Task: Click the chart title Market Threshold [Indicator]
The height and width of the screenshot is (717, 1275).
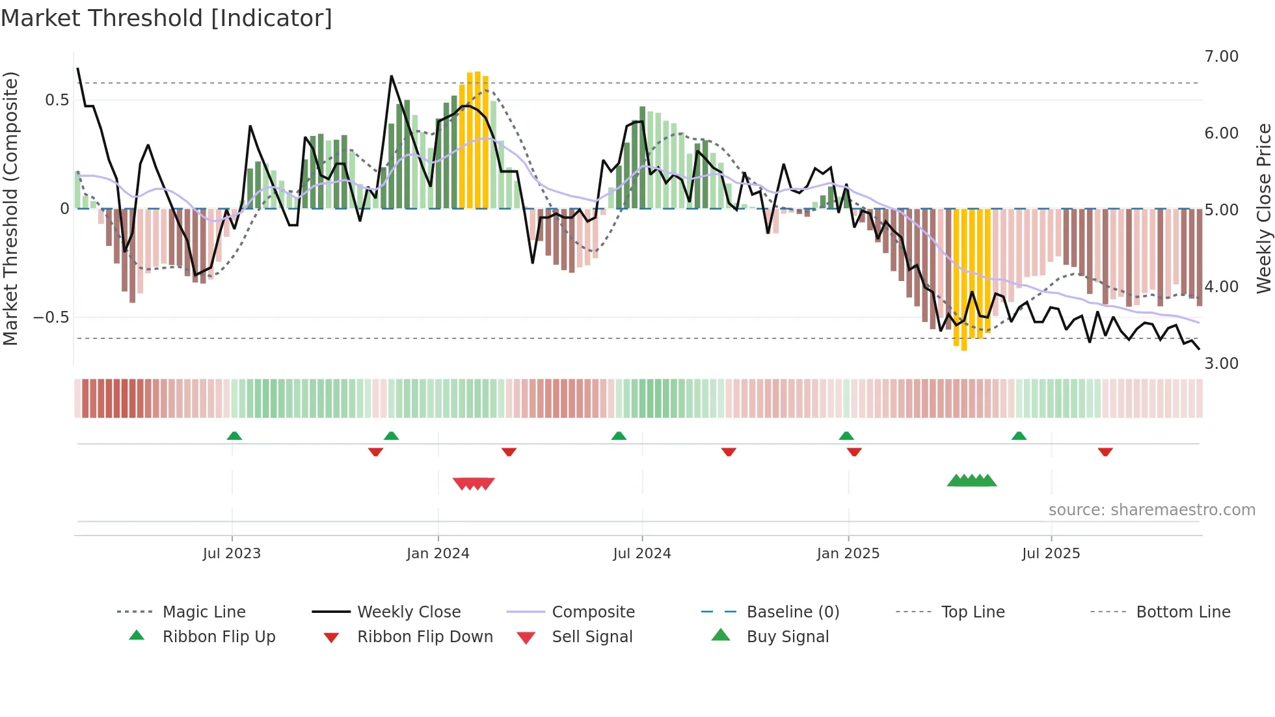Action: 167,18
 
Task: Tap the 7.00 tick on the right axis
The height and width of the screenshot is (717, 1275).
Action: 1221,57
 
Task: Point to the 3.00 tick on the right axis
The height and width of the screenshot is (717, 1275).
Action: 1221,363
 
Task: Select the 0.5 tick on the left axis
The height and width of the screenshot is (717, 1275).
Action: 57,100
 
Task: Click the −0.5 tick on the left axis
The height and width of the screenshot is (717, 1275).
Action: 51,318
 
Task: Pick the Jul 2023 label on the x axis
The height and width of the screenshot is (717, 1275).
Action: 232,554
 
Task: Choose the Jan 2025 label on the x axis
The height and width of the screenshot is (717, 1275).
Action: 848,554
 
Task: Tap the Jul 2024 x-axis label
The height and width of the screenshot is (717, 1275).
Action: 641,554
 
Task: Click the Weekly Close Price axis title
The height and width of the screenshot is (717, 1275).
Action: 1263,208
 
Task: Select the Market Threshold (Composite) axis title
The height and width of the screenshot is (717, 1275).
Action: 10,208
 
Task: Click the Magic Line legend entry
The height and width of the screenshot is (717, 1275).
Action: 204,612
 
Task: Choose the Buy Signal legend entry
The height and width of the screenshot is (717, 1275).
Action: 787,637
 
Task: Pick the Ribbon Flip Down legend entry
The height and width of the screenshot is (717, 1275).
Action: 425,637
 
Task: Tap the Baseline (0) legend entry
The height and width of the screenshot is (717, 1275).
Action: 792,612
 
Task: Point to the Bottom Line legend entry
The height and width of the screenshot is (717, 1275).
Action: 1183,612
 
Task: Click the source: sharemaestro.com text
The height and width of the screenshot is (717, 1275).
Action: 1151,510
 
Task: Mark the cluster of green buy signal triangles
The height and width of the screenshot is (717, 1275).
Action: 972,481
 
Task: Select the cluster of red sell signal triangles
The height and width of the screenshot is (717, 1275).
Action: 474,483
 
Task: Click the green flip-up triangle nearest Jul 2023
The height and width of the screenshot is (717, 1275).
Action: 234,436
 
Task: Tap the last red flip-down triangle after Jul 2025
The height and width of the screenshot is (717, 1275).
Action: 1105,452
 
